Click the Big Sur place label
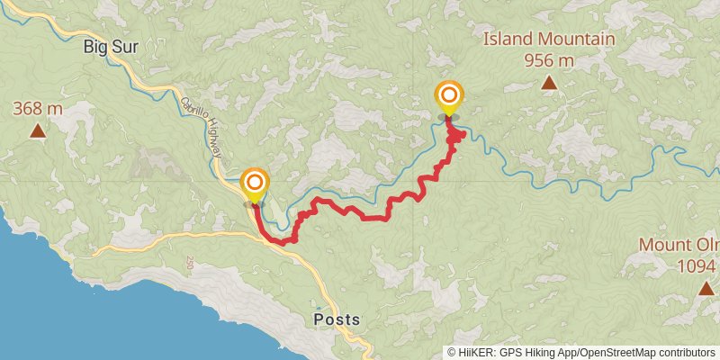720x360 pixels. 111,46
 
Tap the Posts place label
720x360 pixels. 337,319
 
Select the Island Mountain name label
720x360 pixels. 549,39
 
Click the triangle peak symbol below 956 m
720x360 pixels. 549,84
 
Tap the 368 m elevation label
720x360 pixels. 38,109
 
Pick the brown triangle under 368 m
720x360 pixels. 38,131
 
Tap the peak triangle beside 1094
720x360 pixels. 706,288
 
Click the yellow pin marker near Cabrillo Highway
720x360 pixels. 255,184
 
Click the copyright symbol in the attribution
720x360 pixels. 452,352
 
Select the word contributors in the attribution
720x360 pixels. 686,352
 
